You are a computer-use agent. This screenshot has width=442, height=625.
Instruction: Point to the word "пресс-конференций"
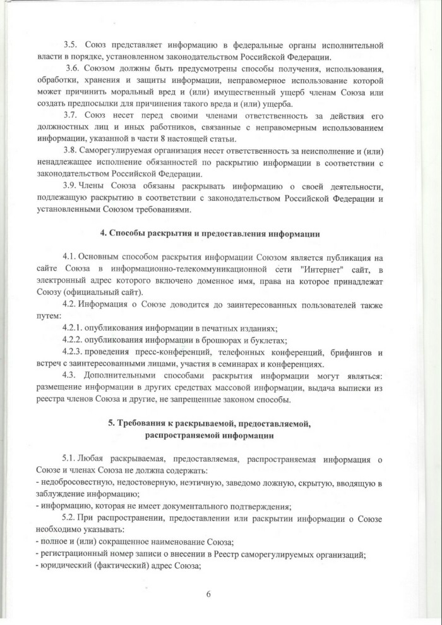click(x=179, y=352)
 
